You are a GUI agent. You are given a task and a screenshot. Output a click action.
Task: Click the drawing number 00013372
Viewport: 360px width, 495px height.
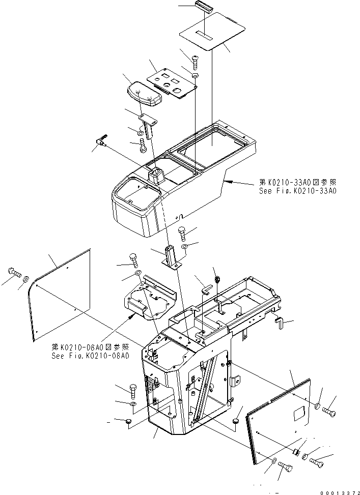(339, 491)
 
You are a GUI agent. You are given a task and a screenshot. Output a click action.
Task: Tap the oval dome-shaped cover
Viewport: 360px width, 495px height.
(142, 94)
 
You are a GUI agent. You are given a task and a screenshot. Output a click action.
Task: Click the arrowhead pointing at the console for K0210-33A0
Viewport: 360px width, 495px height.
(227, 181)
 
